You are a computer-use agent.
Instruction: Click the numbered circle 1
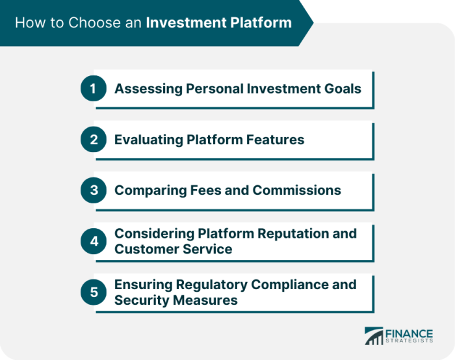[93, 89]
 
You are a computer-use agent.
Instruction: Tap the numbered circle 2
[93, 140]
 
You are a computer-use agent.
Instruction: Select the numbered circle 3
[93, 190]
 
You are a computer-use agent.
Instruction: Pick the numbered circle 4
[93, 241]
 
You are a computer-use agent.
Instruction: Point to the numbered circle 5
[93, 292]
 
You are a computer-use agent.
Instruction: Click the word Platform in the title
[260, 23]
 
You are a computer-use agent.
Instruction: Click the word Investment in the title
[185, 23]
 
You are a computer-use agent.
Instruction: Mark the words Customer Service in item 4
[174, 249]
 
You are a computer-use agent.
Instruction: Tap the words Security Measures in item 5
[175, 300]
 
